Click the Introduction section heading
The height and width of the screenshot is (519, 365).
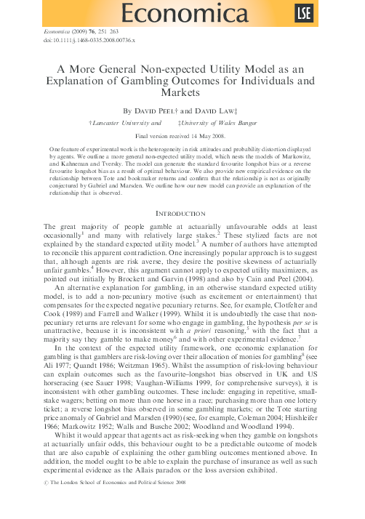pos(182,196)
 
